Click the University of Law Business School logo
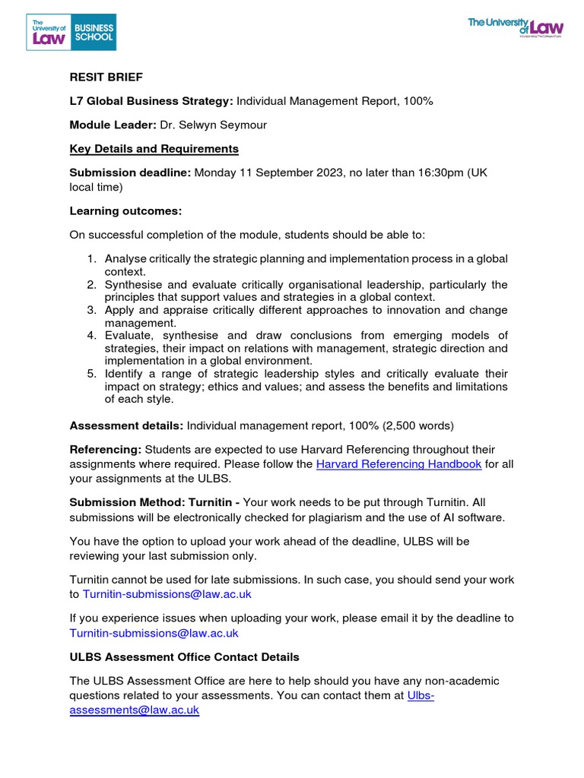(x=72, y=31)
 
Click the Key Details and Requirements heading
(x=154, y=149)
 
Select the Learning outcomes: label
(x=125, y=210)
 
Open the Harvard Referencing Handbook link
(x=398, y=464)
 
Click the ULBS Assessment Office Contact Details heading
(x=184, y=656)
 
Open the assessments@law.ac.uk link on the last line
(x=134, y=710)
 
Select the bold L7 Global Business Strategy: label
(x=151, y=101)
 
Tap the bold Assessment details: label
(x=126, y=426)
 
